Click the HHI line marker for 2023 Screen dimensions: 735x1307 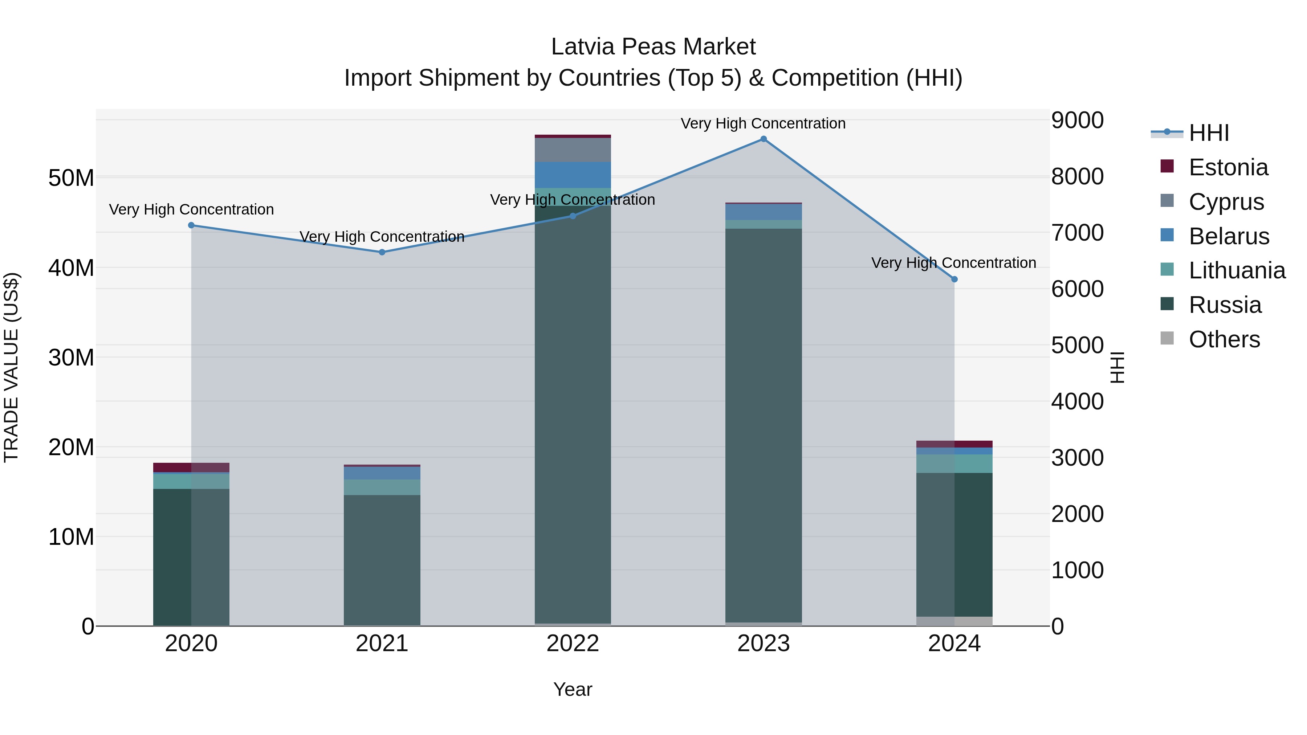pyautogui.click(x=763, y=139)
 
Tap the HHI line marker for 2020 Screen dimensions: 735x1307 pyautogui.click(x=191, y=225)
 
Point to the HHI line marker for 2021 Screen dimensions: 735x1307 pyautogui.click(x=382, y=252)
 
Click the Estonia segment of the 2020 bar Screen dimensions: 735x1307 pyautogui.click(x=191, y=467)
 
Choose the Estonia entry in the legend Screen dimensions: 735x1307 pyautogui.click(x=1228, y=167)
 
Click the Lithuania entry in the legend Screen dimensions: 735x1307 pyautogui.click(x=1237, y=270)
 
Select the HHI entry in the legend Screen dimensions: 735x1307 pyautogui.click(x=1209, y=133)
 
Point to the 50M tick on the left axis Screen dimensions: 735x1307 pyautogui.click(x=71, y=178)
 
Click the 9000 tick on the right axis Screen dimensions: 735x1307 pyautogui.click(x=1077, y=121)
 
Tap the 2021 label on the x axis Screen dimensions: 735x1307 pyautogui.click(x=382, y=644)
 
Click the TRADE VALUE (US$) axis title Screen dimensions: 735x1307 pyautogui.click(x=11, y=368)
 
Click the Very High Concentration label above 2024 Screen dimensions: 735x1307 pyautogui.click(x=953, y=263)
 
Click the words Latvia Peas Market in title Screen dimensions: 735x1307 pyautogui.click(x=653, y=47)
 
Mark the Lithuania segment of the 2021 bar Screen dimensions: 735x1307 pyautogui.click(x=382, y=487)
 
